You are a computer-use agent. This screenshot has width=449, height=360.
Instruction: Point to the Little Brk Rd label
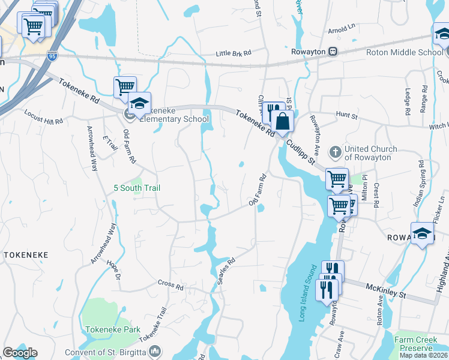234,54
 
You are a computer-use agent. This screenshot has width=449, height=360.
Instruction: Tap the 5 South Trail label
137,188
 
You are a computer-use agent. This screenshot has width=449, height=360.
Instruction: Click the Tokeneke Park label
112,329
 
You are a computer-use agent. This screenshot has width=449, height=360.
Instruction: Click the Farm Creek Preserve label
414,344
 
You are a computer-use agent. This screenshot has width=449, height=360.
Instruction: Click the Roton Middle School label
405,52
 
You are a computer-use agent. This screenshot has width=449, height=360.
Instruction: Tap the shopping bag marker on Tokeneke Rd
283,122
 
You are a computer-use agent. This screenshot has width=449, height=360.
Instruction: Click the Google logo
20,353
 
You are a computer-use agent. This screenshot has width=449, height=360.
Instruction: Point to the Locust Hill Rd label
43,116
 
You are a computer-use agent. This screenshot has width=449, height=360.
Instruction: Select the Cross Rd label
170,284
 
